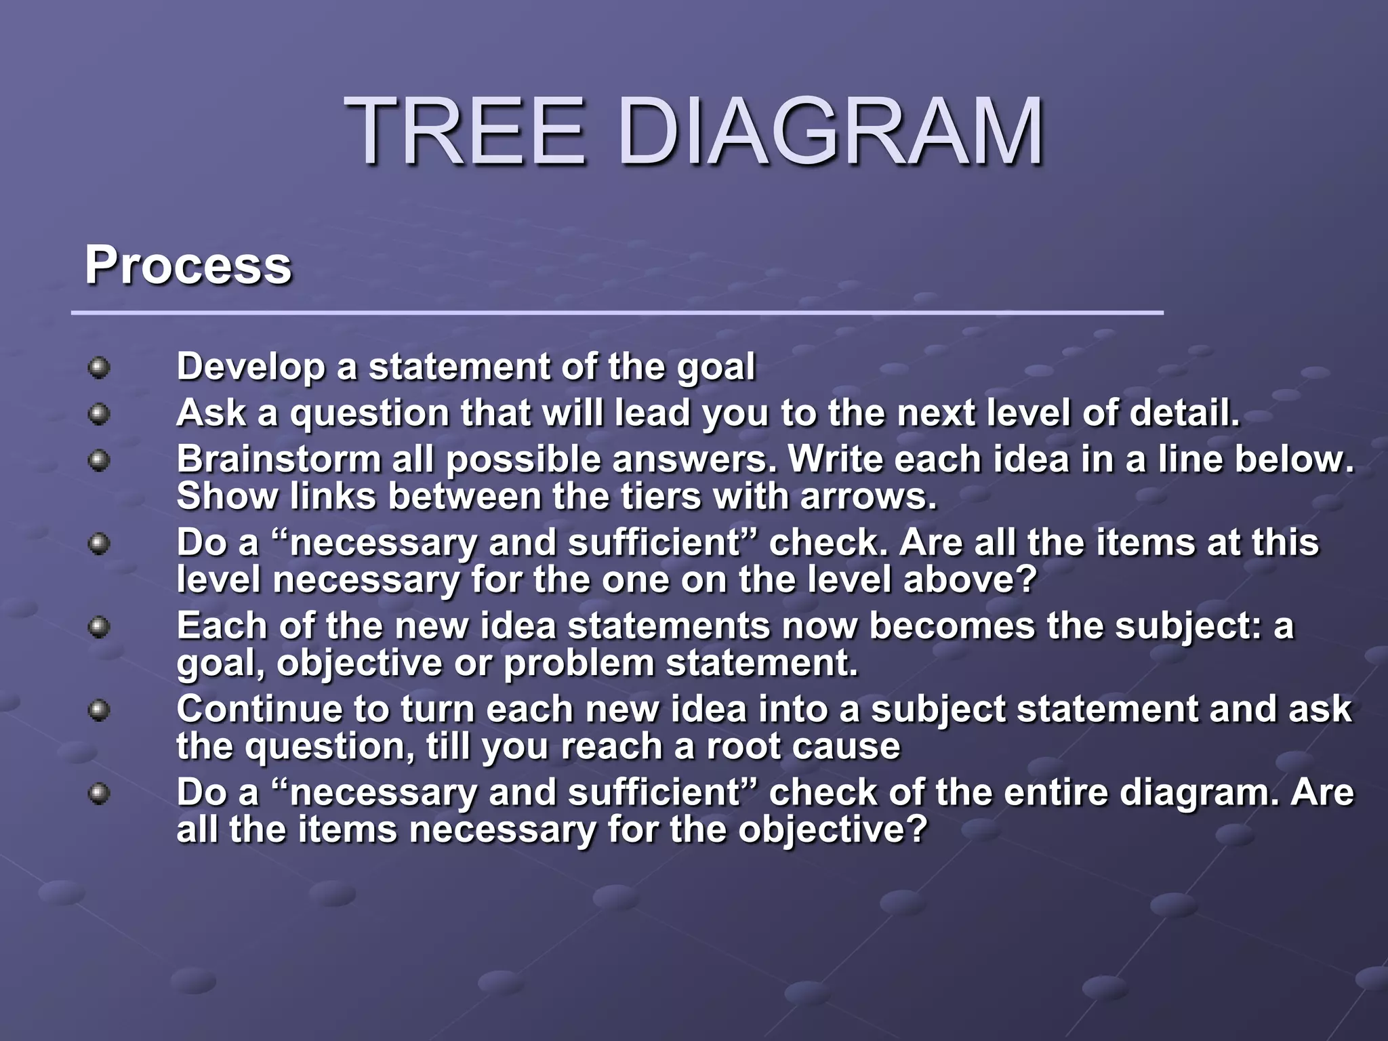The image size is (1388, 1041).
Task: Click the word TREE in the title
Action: coord(465,132)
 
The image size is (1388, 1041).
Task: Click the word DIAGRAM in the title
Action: coord(831,132)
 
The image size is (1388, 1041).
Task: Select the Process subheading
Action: coord(188,266)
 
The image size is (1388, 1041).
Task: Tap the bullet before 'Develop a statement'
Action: coord(99,368)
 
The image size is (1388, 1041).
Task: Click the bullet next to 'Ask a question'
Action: coord(99,414)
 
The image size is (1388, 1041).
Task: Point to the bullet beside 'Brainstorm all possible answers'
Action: coord(99,461)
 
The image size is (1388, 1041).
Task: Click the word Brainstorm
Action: coord(279,460)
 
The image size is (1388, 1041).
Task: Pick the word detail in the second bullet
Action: coord(1182,413)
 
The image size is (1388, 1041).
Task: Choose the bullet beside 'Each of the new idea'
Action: coord(99,626)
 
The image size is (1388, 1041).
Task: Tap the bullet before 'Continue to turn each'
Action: coord(99,710)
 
